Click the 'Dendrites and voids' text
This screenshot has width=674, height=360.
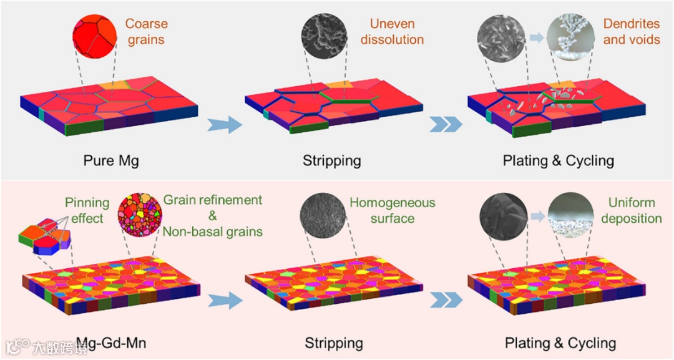pyautogui.click(x=631, y=32)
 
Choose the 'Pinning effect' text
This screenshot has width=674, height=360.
pyautogui.click(x=87, y=210)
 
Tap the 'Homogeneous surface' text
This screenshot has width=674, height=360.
pyautogui.click(x=392, y=210)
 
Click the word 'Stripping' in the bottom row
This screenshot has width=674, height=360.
pyautogui.click(x=334, y=343)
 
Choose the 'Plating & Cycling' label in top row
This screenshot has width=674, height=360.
pyautogui.click(x=559, y=160)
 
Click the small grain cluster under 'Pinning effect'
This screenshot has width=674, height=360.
pyautogui.click(x=45, y=236)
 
